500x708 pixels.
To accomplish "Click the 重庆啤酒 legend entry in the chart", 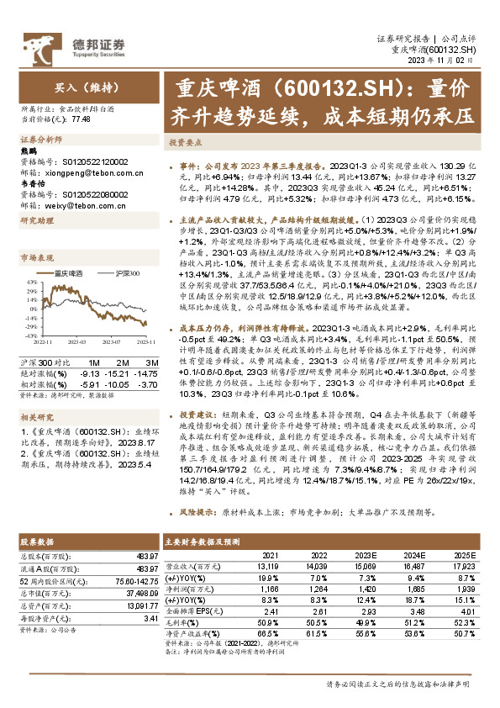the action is click(x=65, y=273).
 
